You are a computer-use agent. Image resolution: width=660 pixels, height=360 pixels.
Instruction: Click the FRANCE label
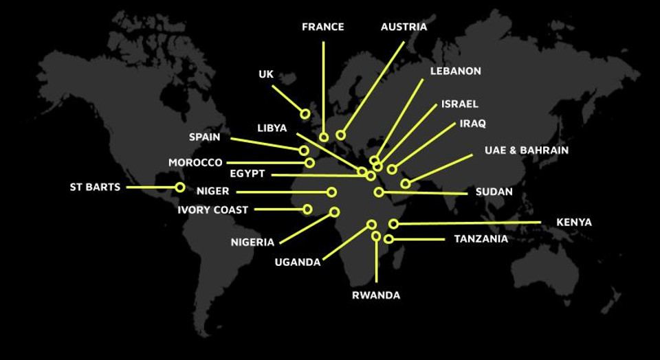(x=322, y=27)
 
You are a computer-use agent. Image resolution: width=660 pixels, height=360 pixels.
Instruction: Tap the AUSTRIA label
(x=404, y=27)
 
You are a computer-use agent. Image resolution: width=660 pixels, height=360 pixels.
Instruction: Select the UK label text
(x=266, y=74)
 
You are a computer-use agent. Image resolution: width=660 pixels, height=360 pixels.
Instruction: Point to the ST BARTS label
(x=95, y=187)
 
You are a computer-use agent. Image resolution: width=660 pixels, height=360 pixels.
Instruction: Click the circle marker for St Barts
(x=180, y=187)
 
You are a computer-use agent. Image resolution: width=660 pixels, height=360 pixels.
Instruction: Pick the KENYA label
(x=573, y=223)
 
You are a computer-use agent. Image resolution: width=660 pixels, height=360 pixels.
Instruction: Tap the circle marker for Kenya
(x=393, y=224)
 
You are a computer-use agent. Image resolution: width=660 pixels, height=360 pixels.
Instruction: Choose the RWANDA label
(x=375, y=295)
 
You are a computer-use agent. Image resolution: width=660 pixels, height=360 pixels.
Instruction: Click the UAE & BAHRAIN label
(x=526, y=150)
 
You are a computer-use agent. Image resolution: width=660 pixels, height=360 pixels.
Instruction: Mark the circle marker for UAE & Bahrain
(x=406, y=183)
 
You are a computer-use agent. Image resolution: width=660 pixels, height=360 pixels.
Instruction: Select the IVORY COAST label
(x=212, y=210)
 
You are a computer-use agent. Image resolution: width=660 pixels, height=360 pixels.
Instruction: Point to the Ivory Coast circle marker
(x=307, y=209)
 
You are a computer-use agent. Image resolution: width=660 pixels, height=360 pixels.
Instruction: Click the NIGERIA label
(x=252, y=242)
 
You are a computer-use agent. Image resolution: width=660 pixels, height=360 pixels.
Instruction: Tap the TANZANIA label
(x=481, y=239)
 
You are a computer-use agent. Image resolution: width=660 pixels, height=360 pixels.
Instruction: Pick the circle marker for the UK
(x=305, y=113)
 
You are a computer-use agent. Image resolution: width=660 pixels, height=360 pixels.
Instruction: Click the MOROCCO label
(x=195, y=163)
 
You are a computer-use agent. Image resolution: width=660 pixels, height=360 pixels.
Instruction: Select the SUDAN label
(x=494, y=192)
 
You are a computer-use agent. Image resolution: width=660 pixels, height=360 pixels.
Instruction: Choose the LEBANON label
(x=455, y=71)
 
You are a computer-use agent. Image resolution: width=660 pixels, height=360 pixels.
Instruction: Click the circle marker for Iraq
(x=392, y=169)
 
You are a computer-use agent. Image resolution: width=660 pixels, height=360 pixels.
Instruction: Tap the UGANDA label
(x=297, y=262)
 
